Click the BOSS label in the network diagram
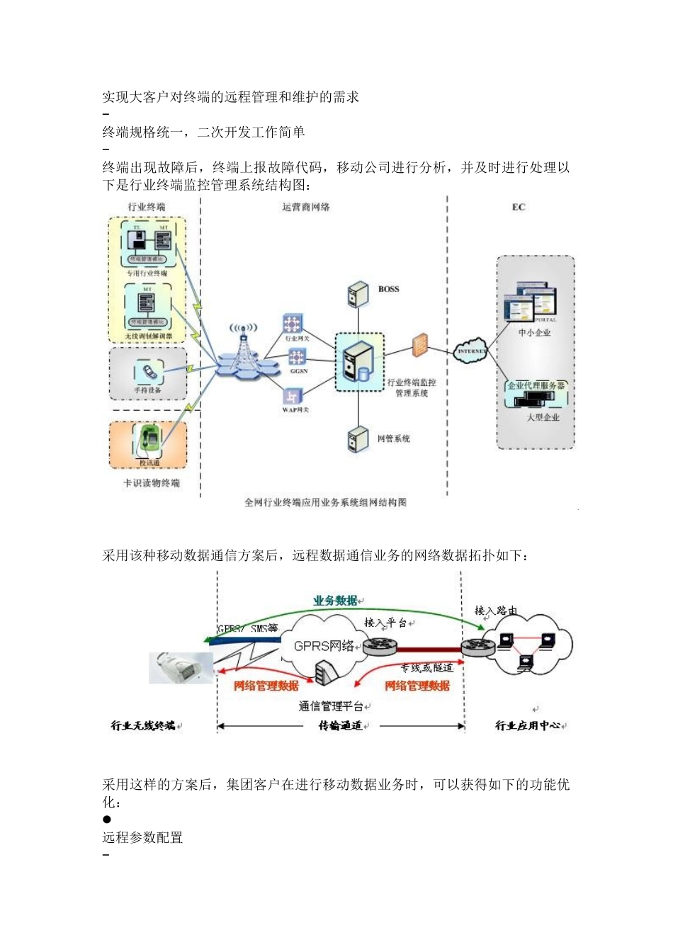[388, 289]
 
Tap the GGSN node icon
[297, 357]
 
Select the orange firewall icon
[420, 344]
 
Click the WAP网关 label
[295, 410]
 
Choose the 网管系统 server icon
[358, 439]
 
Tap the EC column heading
[519, 207]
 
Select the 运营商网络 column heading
[305, 207]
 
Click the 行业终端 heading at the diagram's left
[147, 207]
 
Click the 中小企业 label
[534, 332]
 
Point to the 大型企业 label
[543, 417]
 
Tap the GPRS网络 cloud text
[324, 645]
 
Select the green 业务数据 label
[335, 601]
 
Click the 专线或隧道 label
[426, 667]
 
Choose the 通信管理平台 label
[331, 706]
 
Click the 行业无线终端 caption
[143, 725]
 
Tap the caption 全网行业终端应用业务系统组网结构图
[325, 502]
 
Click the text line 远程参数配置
[142, 837]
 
